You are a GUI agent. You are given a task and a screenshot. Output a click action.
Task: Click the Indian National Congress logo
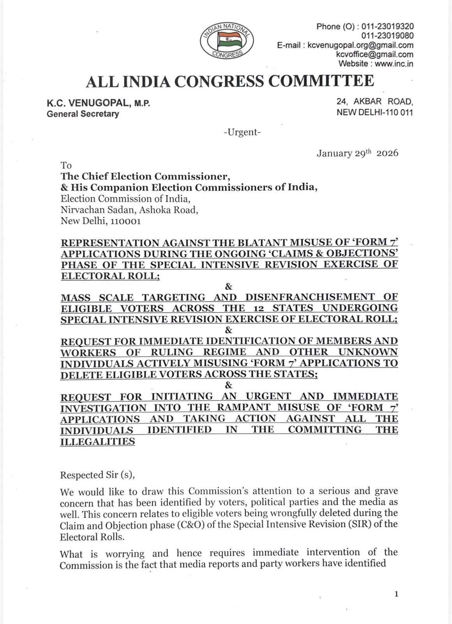point(227,41)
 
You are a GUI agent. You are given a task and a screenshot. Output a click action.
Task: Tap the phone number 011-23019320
point(387,27)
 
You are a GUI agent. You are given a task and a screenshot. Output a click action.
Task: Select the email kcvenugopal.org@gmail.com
point(360,45)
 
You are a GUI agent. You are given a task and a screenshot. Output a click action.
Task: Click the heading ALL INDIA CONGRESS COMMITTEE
point(230,81)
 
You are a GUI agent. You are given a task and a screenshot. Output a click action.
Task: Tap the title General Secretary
point(83,114)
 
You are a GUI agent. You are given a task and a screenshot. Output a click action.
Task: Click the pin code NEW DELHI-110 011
point(374,113)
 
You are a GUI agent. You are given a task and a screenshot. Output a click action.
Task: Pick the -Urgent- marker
point(242,132)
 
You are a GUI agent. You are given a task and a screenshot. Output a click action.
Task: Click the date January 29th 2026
point(357,153)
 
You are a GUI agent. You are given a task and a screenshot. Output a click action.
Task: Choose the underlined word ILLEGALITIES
point(97,441)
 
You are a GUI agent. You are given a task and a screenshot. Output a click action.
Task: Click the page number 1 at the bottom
point(396,594)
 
